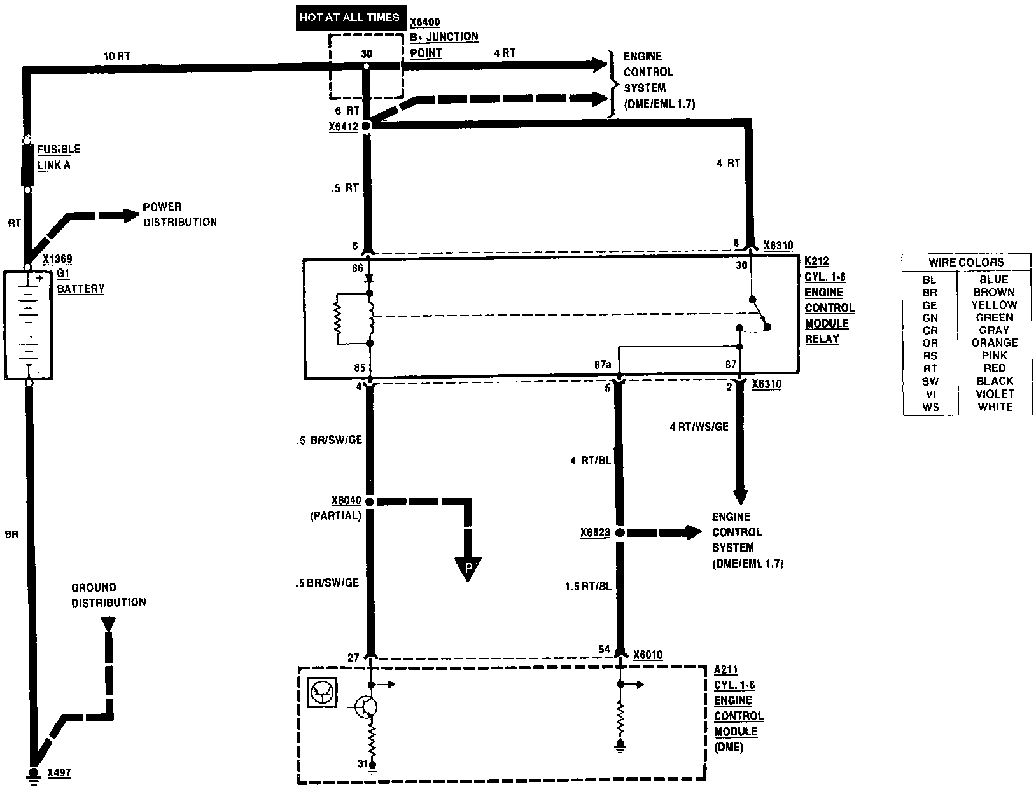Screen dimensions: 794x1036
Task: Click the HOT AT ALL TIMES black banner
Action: pos(349,18)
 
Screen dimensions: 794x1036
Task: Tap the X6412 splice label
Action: pos(344,127)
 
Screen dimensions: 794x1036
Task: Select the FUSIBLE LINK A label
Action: pos(58,157)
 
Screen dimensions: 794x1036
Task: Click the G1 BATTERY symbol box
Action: pos(28,325)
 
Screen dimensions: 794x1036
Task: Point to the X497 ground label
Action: pos(59,773)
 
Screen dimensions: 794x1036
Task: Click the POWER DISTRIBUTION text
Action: pos(179,214)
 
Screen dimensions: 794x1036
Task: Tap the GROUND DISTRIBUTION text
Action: pos(108,595)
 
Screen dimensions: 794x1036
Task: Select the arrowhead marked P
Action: pos(468,568)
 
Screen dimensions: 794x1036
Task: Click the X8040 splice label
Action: pos(346,501)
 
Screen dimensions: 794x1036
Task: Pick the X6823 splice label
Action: pos(595,533)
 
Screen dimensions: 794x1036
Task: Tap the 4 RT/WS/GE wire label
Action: pos(698,427)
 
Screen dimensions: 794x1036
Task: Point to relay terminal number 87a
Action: pos(603,365)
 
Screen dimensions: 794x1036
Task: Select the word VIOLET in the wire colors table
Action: pos(994,394)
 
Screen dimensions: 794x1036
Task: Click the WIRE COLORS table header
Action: pos(966,262)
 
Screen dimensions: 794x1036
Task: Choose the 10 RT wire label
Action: pos(116,56)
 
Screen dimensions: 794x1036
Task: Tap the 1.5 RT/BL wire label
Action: pos(588,586)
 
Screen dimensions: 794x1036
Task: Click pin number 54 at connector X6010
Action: pos(604,650)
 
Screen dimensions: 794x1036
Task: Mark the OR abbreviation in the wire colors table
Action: pos(930,343)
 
